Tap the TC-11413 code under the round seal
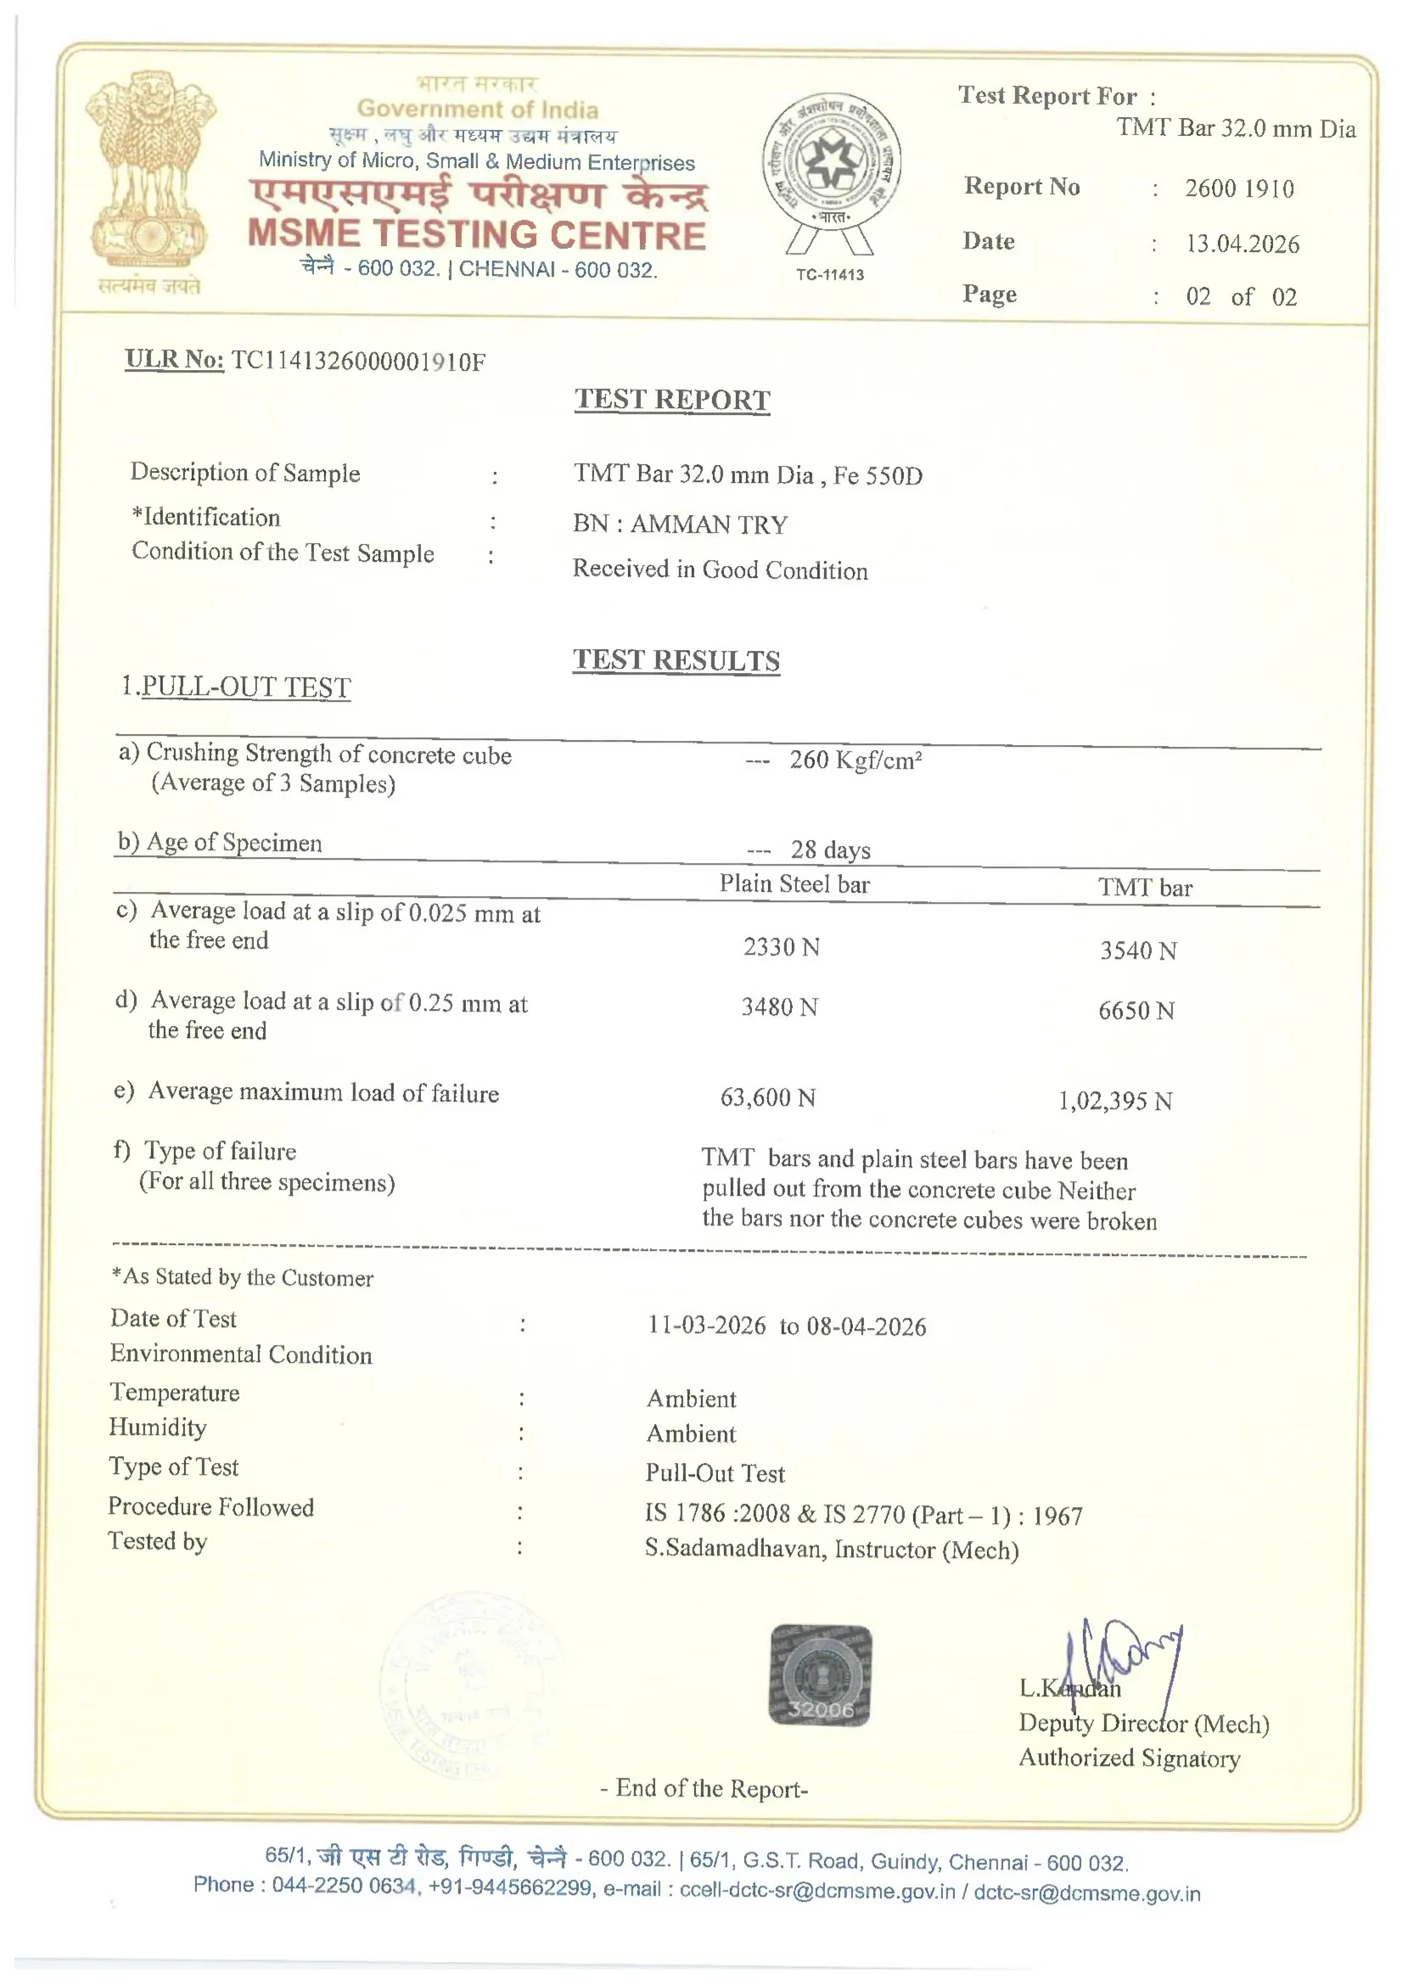(x=829, y=275)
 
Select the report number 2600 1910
(x=1238, y=188)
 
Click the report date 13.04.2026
(x=1243, y=244)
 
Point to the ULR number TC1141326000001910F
(x=358, y=361)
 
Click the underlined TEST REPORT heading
(x=671, y=399)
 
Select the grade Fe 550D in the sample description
(x=878, y=475)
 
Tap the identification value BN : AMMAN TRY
(x=680, y=524)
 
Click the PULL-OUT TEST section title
(x=245, y=687)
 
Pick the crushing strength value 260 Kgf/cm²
(x=855, y=759)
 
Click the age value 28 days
(x=830, y=849)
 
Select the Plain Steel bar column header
(x=794, y=884)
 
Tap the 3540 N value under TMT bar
(x=1137, y=950)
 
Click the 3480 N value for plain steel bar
(x=779, y=1006)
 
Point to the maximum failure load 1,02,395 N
(x=1115, y=1101)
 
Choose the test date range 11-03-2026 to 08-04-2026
(x=787, y=1325)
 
